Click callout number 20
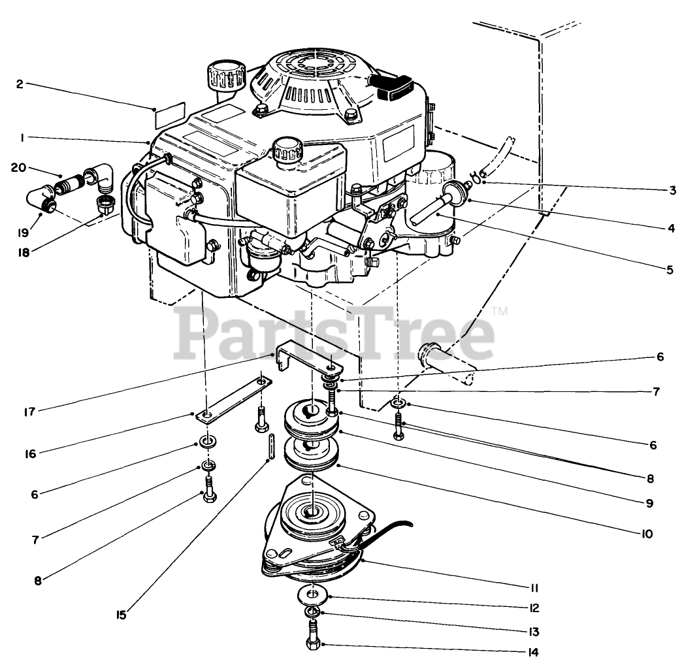18,167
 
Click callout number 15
122,615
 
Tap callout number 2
20,84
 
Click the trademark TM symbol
500,312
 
